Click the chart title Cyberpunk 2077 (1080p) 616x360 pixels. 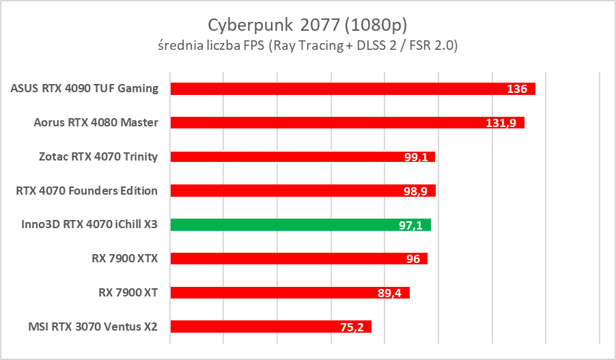point(307,25)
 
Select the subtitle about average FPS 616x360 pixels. point(307,46)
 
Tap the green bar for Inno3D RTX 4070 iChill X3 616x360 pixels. point(300,225)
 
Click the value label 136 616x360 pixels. point(517,89)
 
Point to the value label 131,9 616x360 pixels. point(504,124)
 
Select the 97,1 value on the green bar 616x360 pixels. point(412,225)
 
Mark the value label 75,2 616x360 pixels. point(353,327)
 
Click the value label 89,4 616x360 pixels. point(391,293)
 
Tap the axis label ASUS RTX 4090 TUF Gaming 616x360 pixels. point(85,89)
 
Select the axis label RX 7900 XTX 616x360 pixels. point(124,259)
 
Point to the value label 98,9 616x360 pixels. point(417,191)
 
